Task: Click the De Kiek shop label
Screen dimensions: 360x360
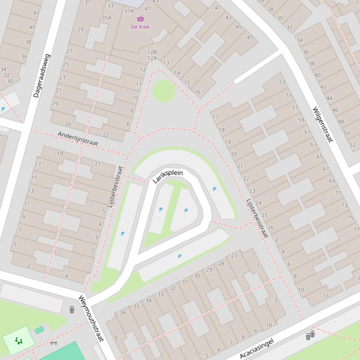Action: coord(140,27)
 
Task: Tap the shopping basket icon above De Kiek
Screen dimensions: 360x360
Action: coord(140,19)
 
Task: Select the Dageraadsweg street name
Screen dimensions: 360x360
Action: coord(42,76)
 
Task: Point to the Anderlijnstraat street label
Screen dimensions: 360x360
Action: coord(78,138)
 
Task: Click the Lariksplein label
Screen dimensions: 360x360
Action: coord(168,176)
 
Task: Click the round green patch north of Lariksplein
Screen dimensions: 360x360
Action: coord(164,91)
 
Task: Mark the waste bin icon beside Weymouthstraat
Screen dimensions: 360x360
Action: coord(72,310)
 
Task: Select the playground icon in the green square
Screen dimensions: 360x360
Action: coord(18,341)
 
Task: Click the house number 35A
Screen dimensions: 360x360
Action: coord(107,18)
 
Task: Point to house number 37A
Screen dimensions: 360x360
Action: coord(129,11)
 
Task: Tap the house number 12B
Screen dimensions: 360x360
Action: coord(152,52)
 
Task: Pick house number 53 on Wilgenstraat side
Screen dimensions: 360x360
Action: coord(282,82)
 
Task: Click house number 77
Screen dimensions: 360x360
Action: coord(356,229)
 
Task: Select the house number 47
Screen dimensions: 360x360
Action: coord(250,37)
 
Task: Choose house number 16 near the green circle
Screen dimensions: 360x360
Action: coord(198,92)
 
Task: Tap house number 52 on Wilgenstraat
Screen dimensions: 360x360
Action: coord(353,145)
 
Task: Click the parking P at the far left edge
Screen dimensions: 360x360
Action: coord(3,109)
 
